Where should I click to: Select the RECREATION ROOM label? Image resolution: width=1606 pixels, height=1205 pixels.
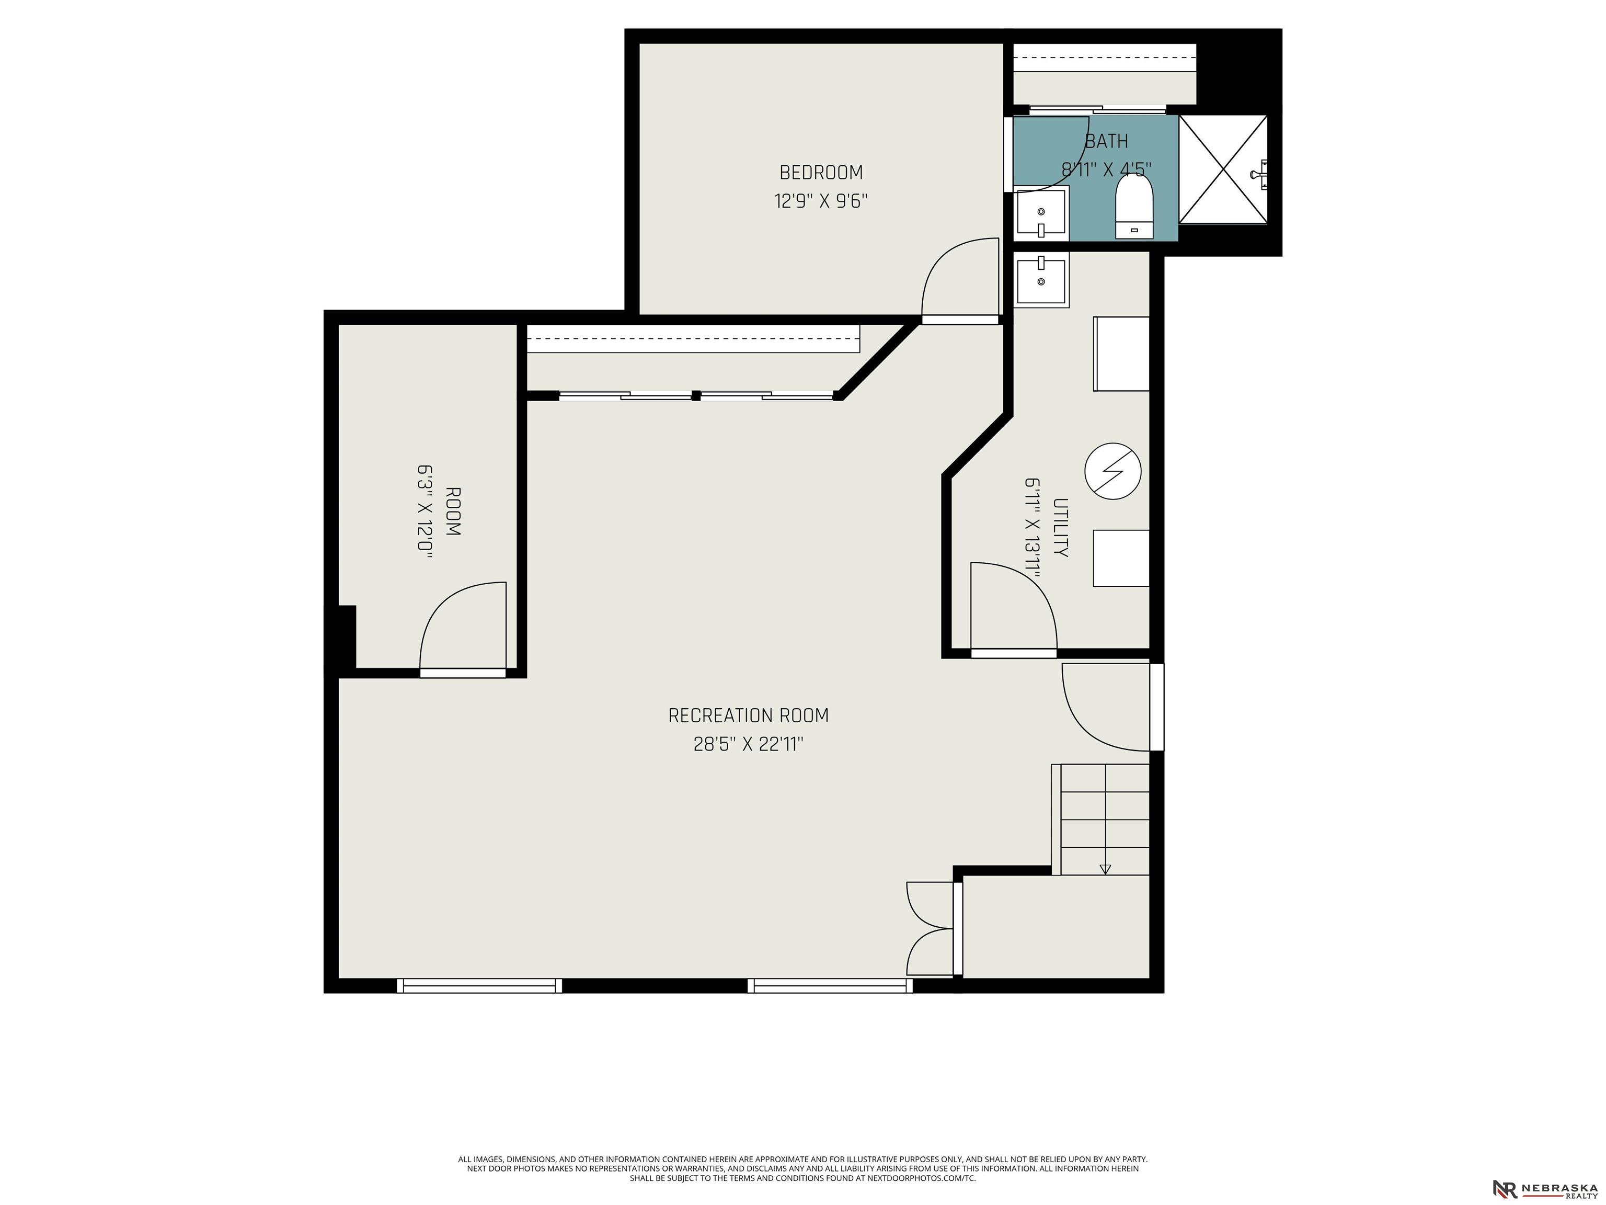click(x=749, y=716)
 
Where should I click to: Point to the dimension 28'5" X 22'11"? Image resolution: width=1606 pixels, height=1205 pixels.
click(x=749, y=745)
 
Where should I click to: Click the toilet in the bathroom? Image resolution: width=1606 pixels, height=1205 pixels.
click(x=1134, y=207)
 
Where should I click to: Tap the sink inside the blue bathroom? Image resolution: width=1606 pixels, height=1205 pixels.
click(x=1041, y=213)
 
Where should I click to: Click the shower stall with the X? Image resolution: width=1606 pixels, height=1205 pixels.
click(x=1223, y=169)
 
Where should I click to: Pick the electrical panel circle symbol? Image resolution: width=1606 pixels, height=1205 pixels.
click(x=1113, y=471)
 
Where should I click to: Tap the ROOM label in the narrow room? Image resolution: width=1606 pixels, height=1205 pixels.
click(x=452, y=511)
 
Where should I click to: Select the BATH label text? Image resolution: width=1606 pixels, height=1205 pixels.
click(x=1107, y=141)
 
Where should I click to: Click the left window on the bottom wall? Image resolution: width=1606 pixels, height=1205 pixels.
click(x=479, y=986)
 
